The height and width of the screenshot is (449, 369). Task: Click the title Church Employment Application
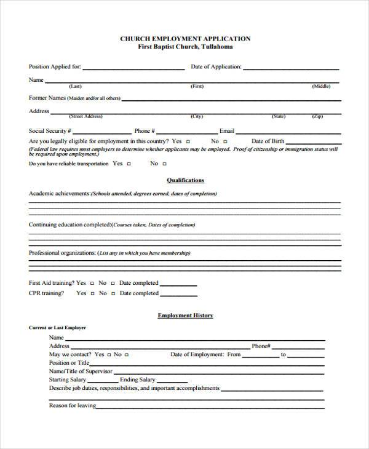[185, 38]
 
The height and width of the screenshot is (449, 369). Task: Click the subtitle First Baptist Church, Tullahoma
[185, 47]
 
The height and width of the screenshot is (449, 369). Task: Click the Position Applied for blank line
[133, 68]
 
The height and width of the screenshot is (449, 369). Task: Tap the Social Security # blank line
[102, 132]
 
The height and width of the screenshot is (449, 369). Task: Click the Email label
[227, 131]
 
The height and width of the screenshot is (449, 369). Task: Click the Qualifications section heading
[185, 180]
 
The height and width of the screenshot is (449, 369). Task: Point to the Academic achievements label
[59, 193]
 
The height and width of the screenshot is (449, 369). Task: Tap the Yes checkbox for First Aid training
[92, 284]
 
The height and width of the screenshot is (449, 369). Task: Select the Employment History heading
[185, 316]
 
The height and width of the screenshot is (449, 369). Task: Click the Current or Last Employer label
[57, 328]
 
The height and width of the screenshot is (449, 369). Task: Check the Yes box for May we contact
[109, 355]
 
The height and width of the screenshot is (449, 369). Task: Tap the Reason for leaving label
[72, 405]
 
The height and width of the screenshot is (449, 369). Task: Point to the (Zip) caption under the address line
[317, 116]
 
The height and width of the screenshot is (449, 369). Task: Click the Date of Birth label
[268, 141]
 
